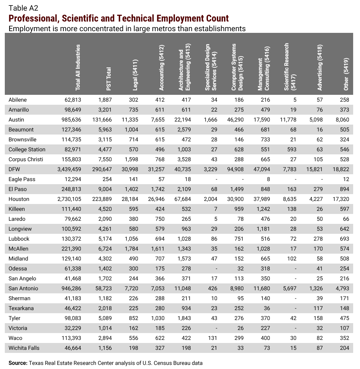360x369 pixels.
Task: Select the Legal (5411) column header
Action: click(x=135, y=74)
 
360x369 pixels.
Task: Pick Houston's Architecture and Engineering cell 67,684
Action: click(x=181, y=199)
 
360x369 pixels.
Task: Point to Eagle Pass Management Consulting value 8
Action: click(x=268, y=179)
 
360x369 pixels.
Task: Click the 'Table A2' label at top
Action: click(x=23, y=8)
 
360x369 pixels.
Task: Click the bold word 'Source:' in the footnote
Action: click(x=18, y=363)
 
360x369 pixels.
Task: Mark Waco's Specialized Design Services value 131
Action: click(x=213, y=338)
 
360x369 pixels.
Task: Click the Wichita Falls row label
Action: click(x=24, y=348)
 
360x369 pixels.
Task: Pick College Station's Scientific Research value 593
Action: click(x=291, y=150)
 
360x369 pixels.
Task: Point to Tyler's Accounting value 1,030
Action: click(x=157, y=318)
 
